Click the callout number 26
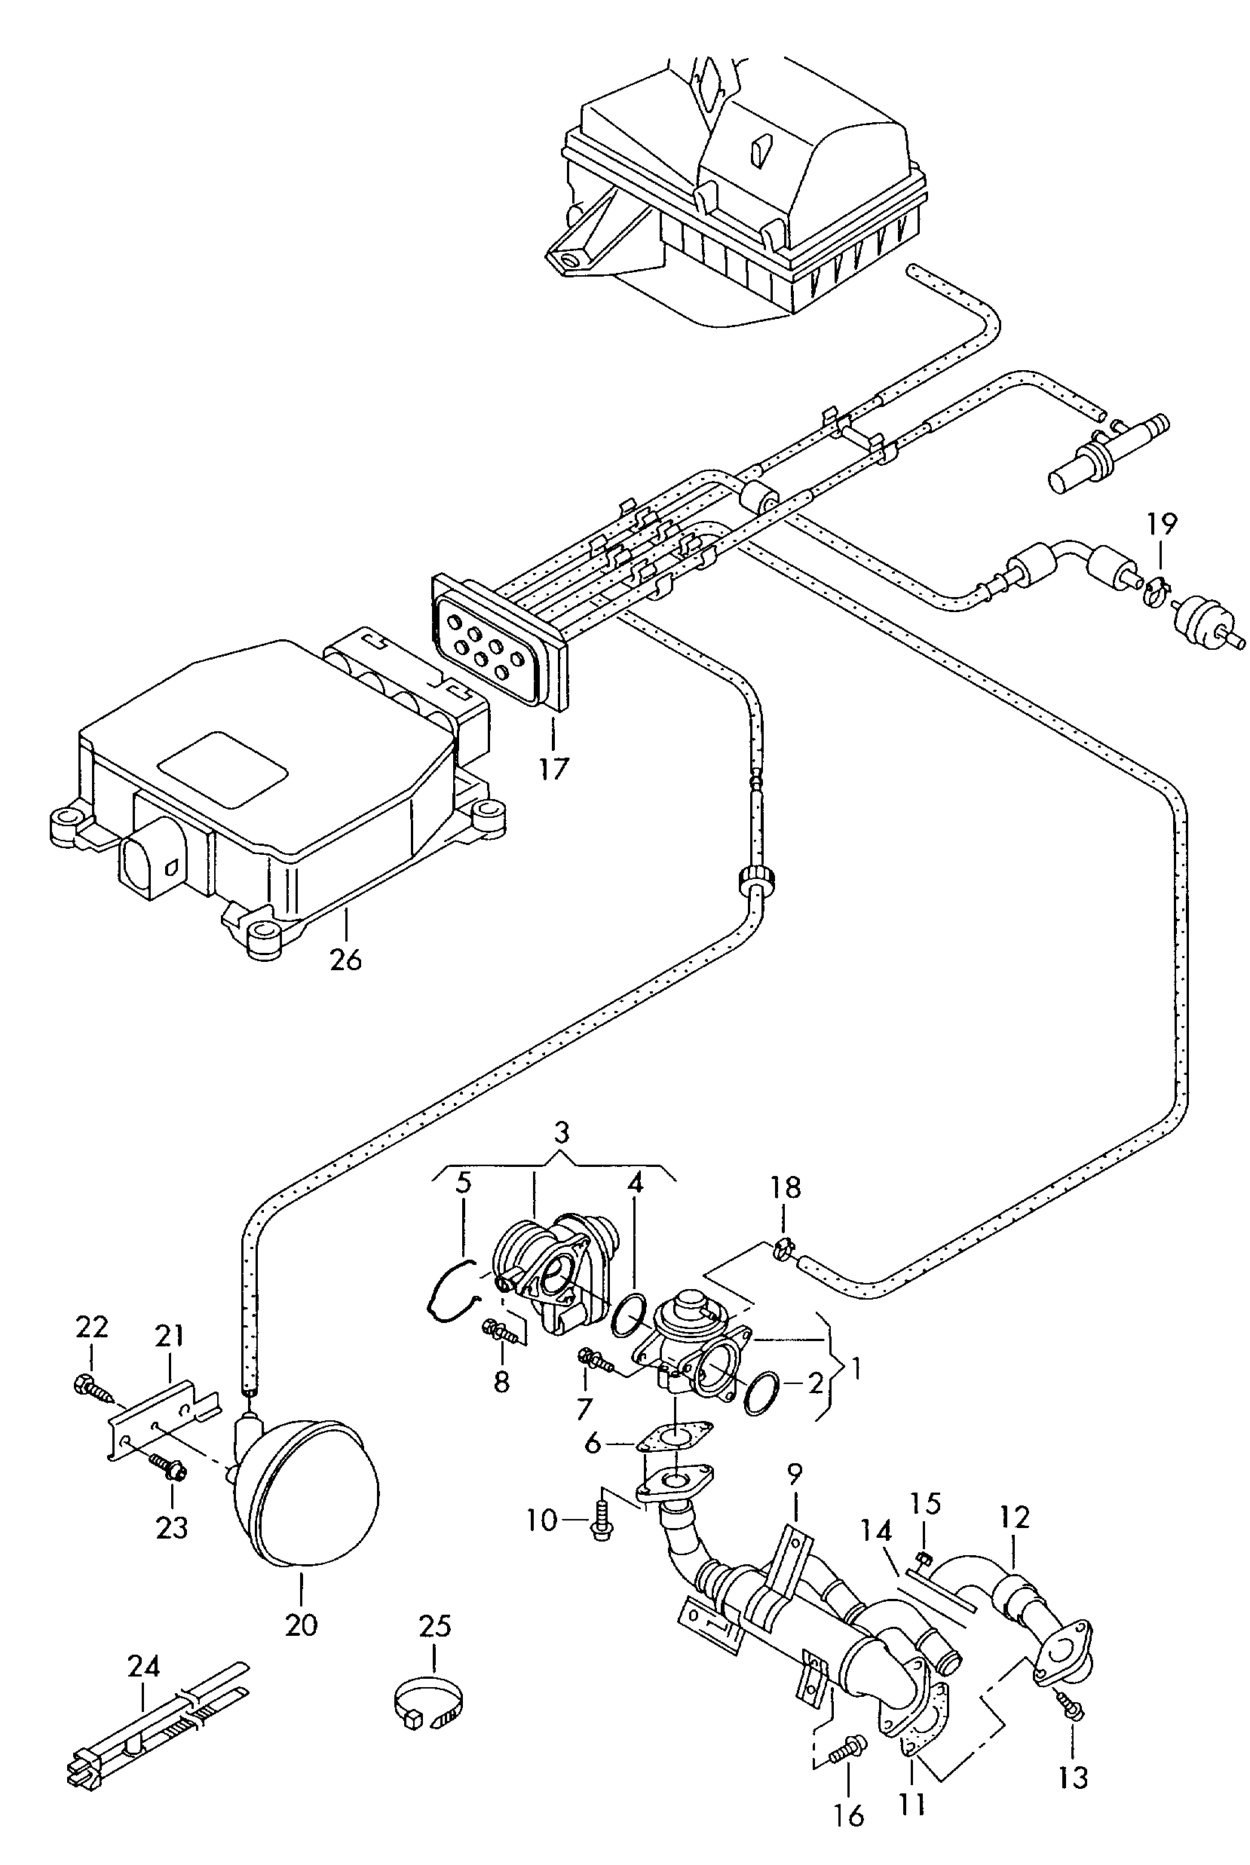point(346,959)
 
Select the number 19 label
point(1162,525)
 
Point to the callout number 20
point(302,1624)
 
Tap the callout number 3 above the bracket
point(562,1132)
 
